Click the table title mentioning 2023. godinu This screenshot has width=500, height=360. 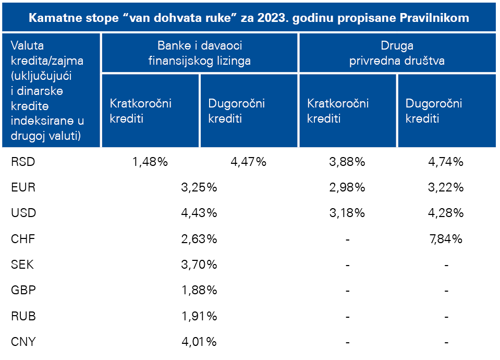(x=249, y=18)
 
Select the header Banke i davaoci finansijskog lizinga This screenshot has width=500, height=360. (x=199, y=53)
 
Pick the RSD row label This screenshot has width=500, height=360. (x=23, y=162)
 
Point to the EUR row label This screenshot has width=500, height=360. (x=23, y=187)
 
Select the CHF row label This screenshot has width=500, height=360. (x=23, y=239)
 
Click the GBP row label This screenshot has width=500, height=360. (x=23, y=291)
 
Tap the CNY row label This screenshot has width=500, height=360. (x=23, y=342)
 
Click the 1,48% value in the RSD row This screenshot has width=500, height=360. (x=150, y=162)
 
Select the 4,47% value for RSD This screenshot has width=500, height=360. (x=248, y=162)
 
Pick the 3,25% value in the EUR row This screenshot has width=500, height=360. (x=199, y=187)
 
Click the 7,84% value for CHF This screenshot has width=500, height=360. (x=445, y=239)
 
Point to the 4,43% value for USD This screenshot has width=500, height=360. (x=199, y=213)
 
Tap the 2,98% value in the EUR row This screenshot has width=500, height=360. (x=347, y=187)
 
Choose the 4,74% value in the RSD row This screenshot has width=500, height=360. (x=445, y=162)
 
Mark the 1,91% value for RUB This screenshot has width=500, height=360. (x=199, y=316)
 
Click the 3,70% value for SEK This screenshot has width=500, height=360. (x=199, y=265)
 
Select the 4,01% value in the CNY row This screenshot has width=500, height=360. (x=199, y=342)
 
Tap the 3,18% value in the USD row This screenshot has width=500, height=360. (x=347, y=213)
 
